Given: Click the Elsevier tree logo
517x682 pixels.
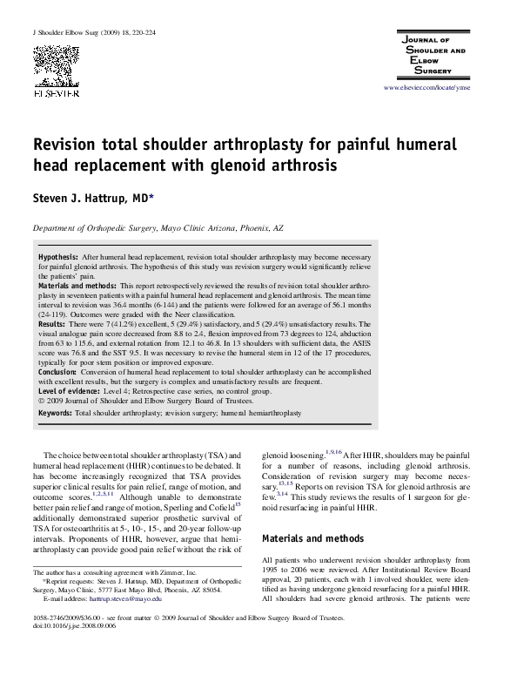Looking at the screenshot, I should pyautogui.click(x=53, y=62).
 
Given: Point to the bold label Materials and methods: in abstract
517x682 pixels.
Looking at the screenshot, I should pyautogui.click(x=77, y=286).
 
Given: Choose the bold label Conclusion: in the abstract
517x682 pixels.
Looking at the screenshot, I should pyautogui.click(x=59, y=371).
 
